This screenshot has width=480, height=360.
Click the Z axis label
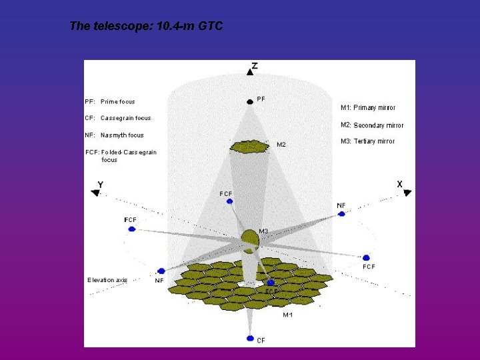point(254,66)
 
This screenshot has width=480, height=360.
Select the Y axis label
point(100,184)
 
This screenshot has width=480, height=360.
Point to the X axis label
point(399,183)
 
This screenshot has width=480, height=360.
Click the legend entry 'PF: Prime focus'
point(110,102)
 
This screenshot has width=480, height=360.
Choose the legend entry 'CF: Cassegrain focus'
point(118,118)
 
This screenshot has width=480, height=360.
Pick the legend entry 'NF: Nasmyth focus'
point(114,135)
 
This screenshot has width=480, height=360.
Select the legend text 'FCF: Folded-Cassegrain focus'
point(121,155)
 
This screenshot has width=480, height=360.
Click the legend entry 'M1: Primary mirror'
point(368,107)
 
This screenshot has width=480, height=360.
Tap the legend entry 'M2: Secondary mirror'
point(372,125)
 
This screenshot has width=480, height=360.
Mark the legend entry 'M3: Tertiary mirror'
point(367,141)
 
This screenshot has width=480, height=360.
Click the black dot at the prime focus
point(249,101)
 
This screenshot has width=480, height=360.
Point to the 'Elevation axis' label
point(107,280)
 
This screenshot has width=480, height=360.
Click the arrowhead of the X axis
point(407,193)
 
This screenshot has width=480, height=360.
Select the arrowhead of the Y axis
point(95,193)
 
